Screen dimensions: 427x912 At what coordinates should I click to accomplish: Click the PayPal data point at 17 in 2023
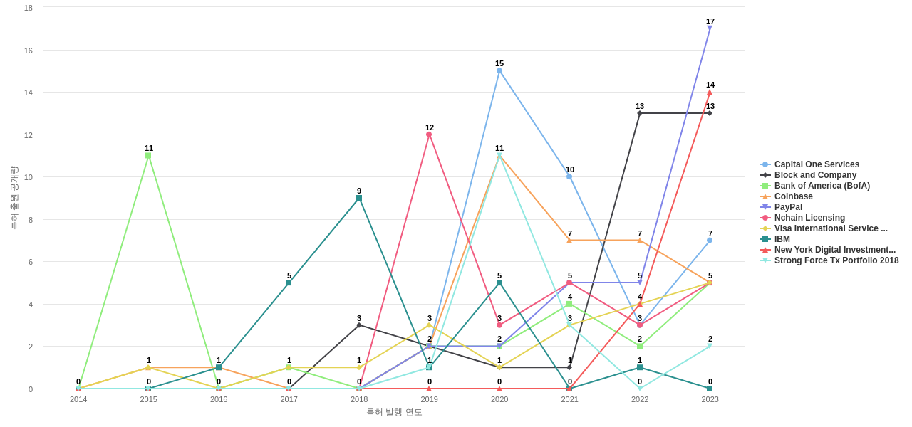(710, 28)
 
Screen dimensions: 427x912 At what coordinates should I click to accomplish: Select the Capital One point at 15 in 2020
(499, 70)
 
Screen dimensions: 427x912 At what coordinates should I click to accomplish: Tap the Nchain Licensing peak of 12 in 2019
(429, 135)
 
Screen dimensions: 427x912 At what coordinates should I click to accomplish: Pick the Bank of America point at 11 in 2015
(148, 155)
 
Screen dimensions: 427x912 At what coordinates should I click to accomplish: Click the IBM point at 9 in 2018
(359, 198)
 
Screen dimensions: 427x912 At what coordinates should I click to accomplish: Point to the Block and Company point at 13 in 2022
(640, 113)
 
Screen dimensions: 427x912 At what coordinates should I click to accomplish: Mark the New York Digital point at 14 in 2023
(710, 92)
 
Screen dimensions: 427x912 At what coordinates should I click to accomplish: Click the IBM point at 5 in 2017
(289, 283)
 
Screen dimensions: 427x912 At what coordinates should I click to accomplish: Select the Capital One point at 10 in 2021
(569, 176)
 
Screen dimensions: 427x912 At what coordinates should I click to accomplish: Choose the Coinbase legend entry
(793, 196)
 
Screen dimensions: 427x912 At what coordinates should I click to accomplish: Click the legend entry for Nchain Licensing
(809, 218)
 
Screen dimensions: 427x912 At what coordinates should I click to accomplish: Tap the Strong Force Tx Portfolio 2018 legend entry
(836, 260)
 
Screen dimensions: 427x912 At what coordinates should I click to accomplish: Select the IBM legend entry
(782, 239)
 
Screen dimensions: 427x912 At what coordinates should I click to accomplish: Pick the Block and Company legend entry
(815, 175)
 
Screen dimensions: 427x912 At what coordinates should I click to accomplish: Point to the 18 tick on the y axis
(28, 8)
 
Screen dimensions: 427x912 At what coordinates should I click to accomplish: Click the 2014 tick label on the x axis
(78, 399)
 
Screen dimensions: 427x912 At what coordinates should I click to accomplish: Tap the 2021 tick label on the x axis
(569, 399)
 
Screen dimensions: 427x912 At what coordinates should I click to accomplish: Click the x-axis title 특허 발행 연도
(394, 412)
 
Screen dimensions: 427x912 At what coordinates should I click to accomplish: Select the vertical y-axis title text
(14, 198)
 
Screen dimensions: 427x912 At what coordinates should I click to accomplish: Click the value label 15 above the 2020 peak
(499, 63)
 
